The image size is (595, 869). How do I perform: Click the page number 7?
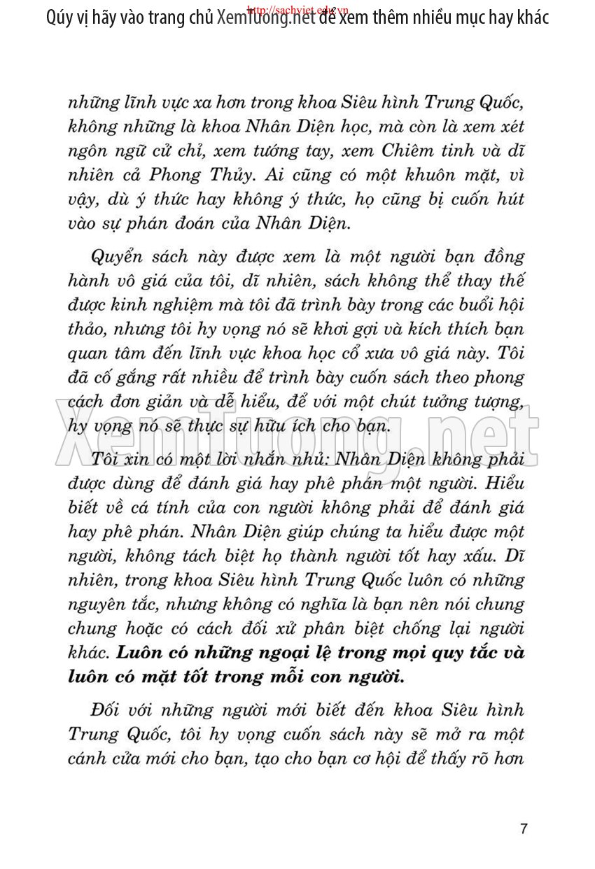524,829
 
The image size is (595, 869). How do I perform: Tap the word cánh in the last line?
88,759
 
